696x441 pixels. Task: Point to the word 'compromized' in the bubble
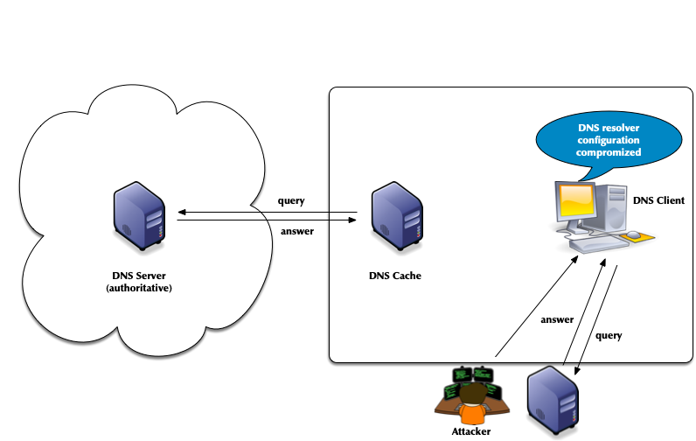coord(609,152)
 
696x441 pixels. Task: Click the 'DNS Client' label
coord(658,200)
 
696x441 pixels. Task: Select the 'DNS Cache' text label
coord(395,276)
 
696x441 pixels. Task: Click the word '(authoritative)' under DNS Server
coord(139,288)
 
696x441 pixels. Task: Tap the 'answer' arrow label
coord(557,319)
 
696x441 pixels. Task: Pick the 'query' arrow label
coord(609,335)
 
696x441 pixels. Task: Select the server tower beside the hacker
coord(553,398)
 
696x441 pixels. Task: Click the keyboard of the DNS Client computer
coord(600,244)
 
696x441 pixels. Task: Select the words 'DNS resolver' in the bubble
coord(609,128)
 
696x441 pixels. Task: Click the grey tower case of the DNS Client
coord(613,208)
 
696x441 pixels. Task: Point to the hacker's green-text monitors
coord(473,377)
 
